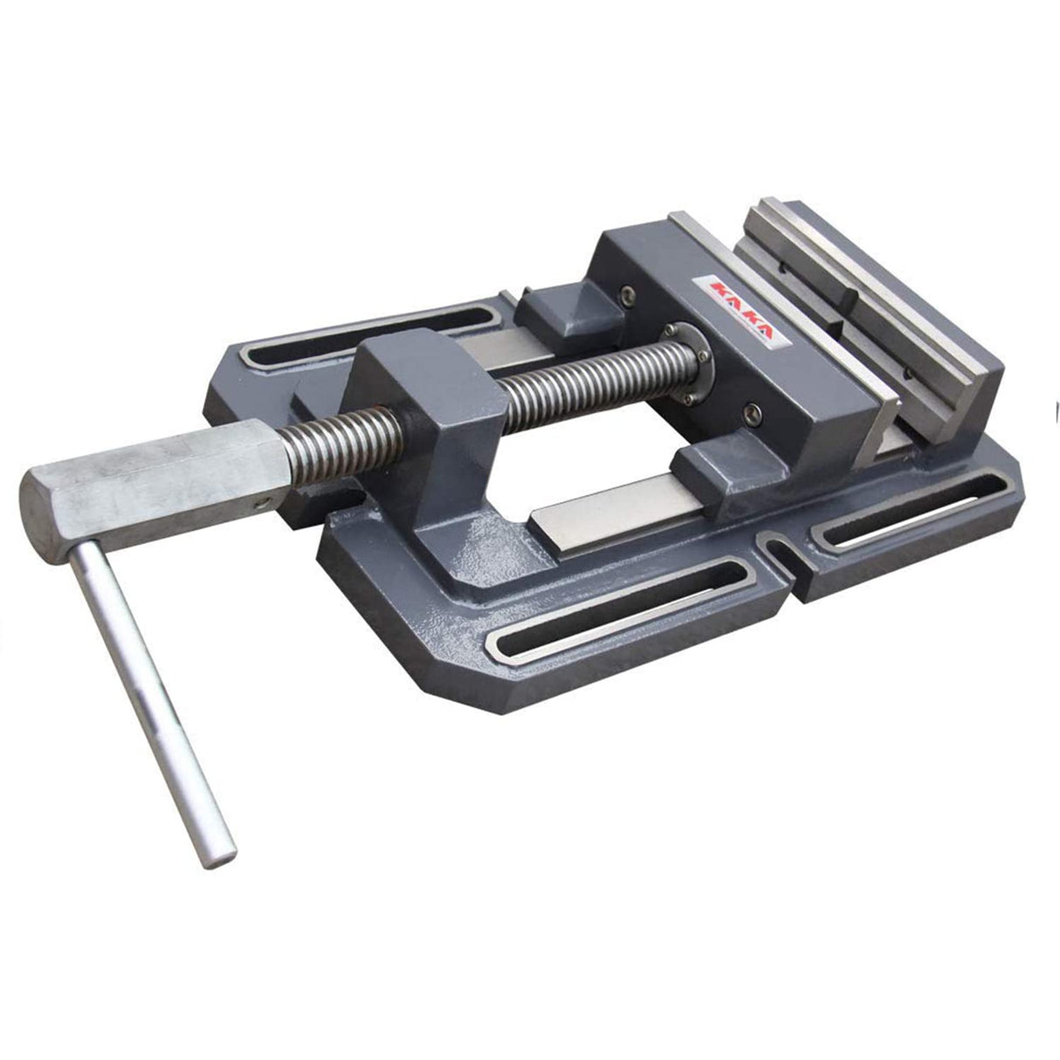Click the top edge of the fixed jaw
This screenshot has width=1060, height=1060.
[873, 262]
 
